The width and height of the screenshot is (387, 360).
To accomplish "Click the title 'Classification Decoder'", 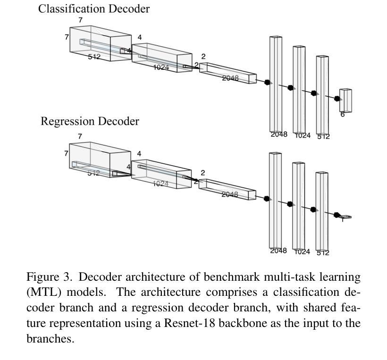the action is coord(94,9).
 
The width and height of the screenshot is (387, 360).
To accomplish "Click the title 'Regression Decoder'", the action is coord(90,121).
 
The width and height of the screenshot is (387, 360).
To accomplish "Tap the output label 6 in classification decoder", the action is coord(342,115).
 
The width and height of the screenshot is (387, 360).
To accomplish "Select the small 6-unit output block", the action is coord(345,100).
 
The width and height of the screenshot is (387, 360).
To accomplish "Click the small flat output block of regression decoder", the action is coord(345,217).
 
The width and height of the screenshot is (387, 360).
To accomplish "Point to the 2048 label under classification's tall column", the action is coord(279,134).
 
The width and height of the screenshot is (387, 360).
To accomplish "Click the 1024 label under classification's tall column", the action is coord(303,135).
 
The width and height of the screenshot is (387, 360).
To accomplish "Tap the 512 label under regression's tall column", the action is coord(323,253).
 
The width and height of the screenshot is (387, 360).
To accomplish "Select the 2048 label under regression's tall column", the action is coord(278,251).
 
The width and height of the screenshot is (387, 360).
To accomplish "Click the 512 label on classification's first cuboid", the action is coord(94,57).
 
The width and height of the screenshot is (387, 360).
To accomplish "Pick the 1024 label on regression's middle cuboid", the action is coord(160,184).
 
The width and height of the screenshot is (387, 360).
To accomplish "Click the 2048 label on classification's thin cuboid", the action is coord(230,78).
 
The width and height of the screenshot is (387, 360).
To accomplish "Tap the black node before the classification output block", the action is coord(337,99).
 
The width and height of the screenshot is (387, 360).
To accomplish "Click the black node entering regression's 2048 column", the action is coord(266,198).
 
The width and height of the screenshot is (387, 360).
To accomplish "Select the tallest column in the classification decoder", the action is coord(276,84).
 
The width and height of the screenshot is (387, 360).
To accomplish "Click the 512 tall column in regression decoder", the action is coord(322,211).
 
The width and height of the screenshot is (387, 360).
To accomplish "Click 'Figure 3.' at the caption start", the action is coord(49,277).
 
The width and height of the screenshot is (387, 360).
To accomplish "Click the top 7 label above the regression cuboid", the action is coord(80,136).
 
